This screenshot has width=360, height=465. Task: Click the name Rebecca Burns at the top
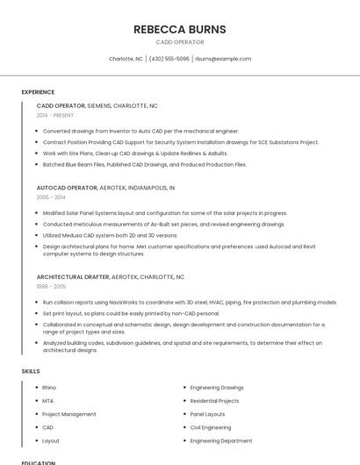(179, 29)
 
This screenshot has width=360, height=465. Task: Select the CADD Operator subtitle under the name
(179, 42)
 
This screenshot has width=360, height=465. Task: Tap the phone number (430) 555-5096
(169, 59)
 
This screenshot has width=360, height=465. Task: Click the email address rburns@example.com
(223, 59)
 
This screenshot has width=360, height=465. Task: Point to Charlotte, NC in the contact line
(126, 59)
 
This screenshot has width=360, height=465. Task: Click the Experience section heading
(38, 91)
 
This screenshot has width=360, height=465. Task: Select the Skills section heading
(31, 371)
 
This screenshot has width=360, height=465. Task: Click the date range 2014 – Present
(55, 115)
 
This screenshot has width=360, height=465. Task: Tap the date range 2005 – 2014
(51, 197)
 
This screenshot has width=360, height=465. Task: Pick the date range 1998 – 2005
(51, 286)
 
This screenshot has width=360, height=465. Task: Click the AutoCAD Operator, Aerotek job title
(105, 188)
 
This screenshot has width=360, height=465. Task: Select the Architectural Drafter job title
(111, 276)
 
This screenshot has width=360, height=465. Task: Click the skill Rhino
(49, 387)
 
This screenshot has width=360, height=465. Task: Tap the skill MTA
(48, 400)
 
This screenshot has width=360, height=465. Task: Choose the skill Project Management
(69, 414)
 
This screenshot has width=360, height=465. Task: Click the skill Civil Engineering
(211, 427)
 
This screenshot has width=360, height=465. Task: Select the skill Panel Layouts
(207, 414)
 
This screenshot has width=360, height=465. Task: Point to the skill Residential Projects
(214, 400)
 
